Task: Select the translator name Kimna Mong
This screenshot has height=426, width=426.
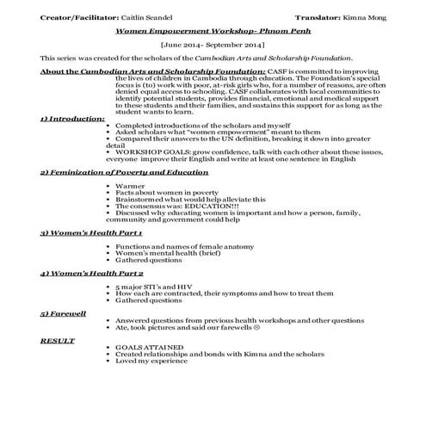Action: (x=363, y=17)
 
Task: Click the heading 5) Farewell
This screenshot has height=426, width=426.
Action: (x=62, y=312)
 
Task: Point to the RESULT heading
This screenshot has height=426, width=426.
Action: (x=57, y=340)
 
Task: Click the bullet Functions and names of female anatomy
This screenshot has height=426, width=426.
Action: (x=175, y=246)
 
